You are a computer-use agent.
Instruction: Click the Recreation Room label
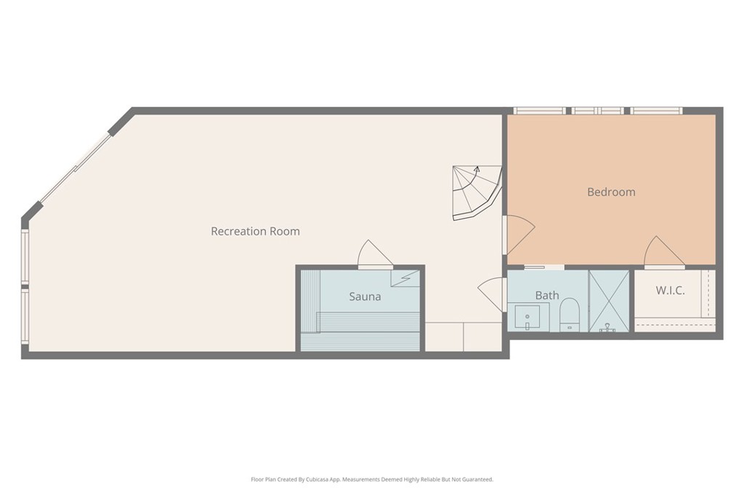click(255, 232)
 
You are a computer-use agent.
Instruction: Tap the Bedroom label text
click(611, 192)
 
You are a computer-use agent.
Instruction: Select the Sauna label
click(365, 297)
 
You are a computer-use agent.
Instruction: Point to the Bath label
click(547, 296)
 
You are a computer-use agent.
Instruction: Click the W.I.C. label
click(670, 290)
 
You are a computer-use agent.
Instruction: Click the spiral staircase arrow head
click(477, 168)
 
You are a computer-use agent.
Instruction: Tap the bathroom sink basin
click(527, 317)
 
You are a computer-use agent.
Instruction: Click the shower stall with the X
click(609, 301)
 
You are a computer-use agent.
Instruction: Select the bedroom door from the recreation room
click(520, 235)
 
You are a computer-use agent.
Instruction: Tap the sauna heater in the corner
click(405, 278)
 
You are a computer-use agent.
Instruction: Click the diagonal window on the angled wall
click(75, 168)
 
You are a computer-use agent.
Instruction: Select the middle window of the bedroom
click(597, 111)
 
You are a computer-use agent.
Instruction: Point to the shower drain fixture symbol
click(607, 328)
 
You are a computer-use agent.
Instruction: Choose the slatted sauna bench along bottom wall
click(360, 341)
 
